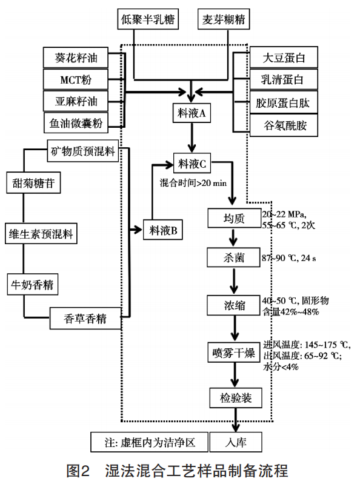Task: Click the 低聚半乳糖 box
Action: (148, 19)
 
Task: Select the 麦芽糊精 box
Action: (224, 19)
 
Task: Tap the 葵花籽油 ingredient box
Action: (76, 58)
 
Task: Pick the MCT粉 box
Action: (76, 79)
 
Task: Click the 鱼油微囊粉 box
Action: (76, 123)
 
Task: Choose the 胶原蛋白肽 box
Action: (284, 102)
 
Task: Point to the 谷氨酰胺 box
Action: (284, 125)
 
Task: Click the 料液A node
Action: (192, 113)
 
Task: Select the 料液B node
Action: (163, 230)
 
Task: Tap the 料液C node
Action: (192, 164)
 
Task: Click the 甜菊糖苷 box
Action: (33, 183)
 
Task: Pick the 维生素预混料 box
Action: (41, 233)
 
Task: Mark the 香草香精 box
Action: (85, 319)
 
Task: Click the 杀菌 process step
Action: (233, 257)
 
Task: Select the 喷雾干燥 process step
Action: (234, 353)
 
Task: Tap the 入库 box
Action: (236, 442)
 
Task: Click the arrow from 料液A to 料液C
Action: (192, 137)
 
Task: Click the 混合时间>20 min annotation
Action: (193, 183)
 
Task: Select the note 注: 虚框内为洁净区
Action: (150, 442)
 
